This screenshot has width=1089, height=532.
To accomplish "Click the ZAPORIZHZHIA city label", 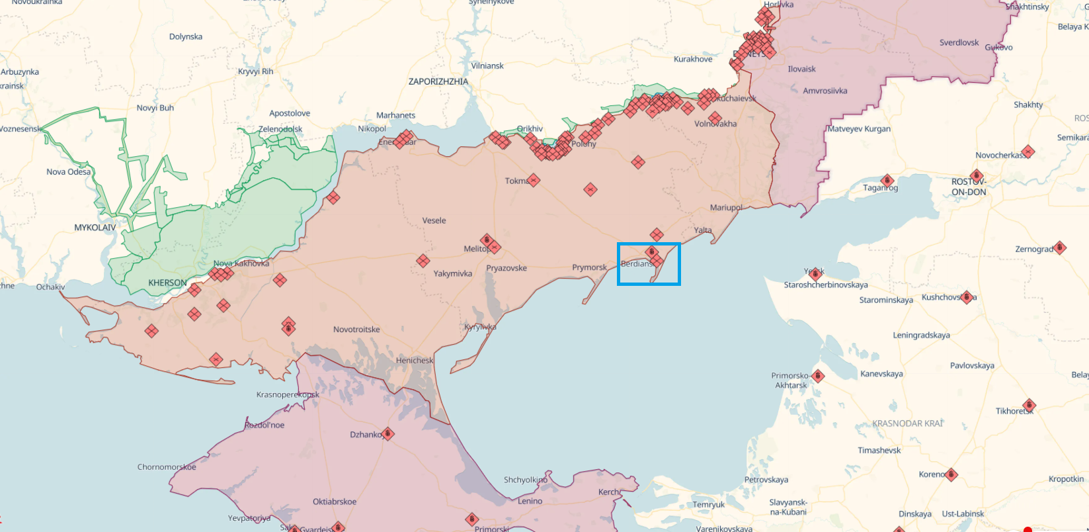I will point(438,81).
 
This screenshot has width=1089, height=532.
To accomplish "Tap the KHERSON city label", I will point(167,283).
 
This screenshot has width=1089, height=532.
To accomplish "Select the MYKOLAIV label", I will point(95,227).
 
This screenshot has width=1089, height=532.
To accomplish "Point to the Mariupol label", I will point(725,207).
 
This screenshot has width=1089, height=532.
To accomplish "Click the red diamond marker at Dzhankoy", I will point(388,434).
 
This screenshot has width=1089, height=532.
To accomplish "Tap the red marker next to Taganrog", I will point(887,181).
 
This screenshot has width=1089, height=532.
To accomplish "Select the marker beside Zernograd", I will point(1059,247).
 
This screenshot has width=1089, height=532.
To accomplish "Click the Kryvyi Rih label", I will point(255,71).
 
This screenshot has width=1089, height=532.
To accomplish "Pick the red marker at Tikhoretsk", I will point(1029,405).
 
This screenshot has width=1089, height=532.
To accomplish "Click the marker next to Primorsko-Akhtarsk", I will point(818,376).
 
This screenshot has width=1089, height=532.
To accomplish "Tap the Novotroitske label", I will point(356,329).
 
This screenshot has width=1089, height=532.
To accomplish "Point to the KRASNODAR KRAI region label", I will point(907,423).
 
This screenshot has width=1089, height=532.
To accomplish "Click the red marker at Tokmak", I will point(534,180).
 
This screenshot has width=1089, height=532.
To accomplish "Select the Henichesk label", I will point(415,360).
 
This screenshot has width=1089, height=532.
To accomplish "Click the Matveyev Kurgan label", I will point(859,129).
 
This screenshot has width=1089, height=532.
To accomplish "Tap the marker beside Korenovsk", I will point(951,474).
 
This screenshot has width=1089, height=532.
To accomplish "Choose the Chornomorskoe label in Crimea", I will point(167,466).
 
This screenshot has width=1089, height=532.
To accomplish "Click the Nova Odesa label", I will point(68,171).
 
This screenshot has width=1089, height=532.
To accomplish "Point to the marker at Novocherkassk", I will point(1028,152).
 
